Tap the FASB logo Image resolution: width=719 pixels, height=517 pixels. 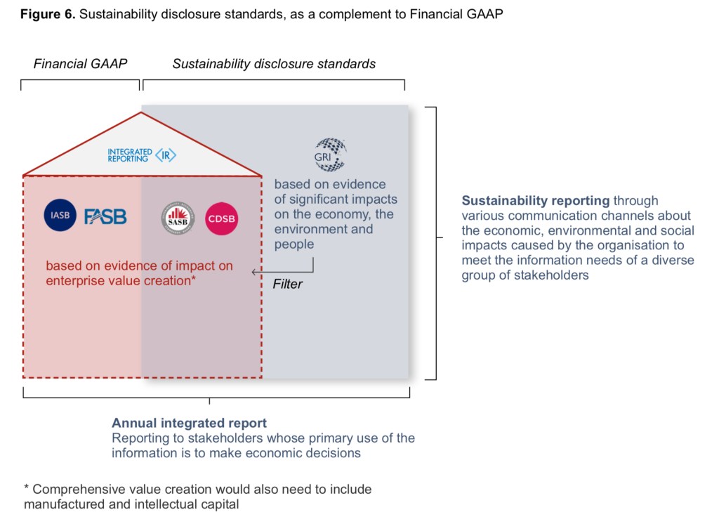pyautogui.click(x=105, y=216)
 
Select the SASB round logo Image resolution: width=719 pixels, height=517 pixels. pyautogui.click(x=178, y=219)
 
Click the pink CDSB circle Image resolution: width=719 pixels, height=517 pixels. pyautogui.click(x=221, y=219)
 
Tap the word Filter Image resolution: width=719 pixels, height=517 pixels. pyautogui.click(x=287, y=284)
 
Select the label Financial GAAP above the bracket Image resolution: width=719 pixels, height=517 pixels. pyautogui.click(x=80, y=64)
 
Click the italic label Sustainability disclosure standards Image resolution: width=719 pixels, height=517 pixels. pyautogui.click(x=274, y=64)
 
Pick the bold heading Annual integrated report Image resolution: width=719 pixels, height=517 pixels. pyautogui.click(x=189, y=424)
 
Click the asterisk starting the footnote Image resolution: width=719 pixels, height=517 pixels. pyautogui.click(x=27, y=490)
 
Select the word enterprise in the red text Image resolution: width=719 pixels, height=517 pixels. pyautogui.click(x=74, y=281)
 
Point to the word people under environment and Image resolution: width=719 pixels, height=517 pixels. pyautogui.click(x=294, y=244)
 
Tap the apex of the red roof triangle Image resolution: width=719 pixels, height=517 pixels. pyautogui.click(x=142, y=112)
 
